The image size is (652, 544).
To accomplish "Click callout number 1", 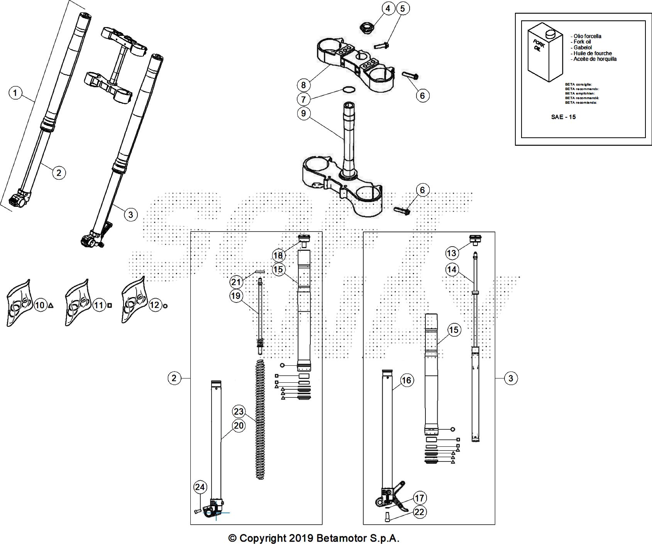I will pyautogui.click(x=15, y=93).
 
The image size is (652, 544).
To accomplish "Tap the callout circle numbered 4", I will pyautogui.click(x=388, y=8).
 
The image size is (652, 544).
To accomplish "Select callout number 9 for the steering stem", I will pyautogui.click(x=303, y=113).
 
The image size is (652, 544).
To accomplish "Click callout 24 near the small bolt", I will pyautogui.click(x=200, y=487).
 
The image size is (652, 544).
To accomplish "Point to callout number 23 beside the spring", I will pyautogui.click(x=239, y=411).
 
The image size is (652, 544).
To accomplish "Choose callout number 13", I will pyautogui.click(x=451, y=253).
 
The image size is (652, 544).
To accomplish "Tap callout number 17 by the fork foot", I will pyautogui.click(x=419, y=498).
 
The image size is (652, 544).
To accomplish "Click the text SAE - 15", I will pyautogui.click(x=563, y=117).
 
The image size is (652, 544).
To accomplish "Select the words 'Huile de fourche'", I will pyautogui.click(x=592, y=53).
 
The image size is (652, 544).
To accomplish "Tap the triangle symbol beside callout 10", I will pyautogui.click(x=51, y=306).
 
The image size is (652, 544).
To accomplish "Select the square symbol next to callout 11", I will pyautogui.click(x=110, y=305).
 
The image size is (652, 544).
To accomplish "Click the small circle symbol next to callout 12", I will pyautogui.click(x=166, y=306).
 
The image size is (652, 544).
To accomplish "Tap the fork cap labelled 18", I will pyautogui.click(x=304, y=239).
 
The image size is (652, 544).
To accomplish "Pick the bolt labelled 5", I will pyautogui.click(x=381, y=46).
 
